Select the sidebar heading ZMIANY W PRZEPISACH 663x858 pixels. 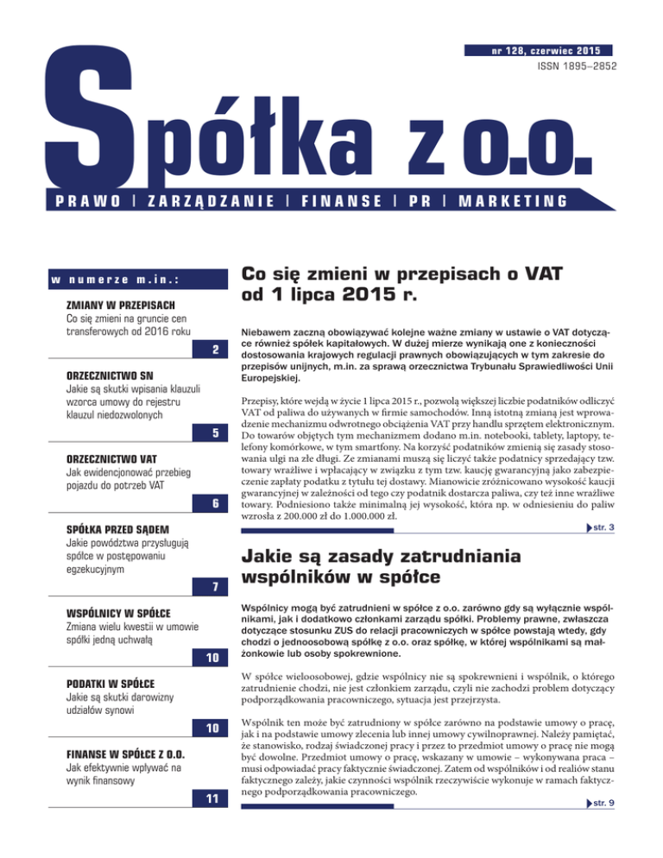click(x=121, y=306)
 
